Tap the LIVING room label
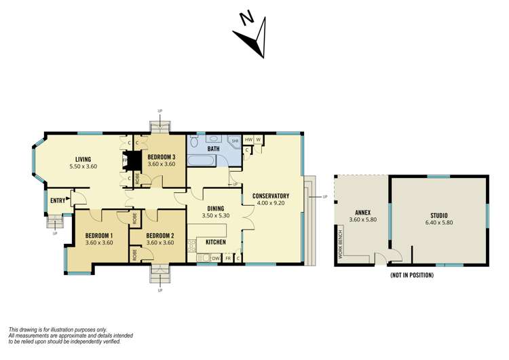click(83, 158)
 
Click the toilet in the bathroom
click(194, 143)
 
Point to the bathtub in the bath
click(202, 161)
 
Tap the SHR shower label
click(234, 141)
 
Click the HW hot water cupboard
click(248, 139)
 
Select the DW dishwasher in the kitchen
click(215, 258)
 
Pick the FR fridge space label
click(228, 258)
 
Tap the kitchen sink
click(202, 259)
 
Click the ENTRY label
click(58, 200)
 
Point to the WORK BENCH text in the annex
click(340, 245)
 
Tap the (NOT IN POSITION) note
click(411, 275)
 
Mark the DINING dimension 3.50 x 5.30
click(215, 215)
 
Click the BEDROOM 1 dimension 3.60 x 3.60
click(99, 242)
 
